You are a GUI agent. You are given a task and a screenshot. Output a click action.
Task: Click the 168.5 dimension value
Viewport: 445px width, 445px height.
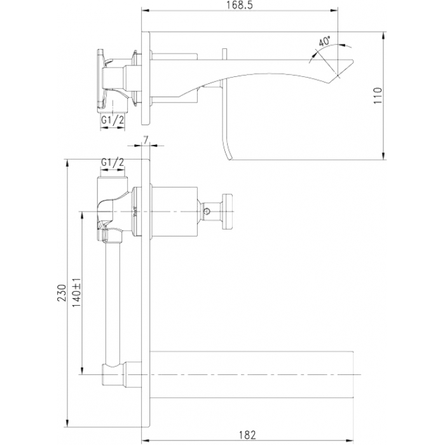click(x=240, y=5)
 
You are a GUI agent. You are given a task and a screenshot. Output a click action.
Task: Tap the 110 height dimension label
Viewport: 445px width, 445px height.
click(x=378, y=95)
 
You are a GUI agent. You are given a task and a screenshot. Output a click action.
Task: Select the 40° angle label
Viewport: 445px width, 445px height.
click(x=324, y=41)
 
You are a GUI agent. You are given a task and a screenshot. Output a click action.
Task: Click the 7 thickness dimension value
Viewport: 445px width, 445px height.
click(x=146, y=140)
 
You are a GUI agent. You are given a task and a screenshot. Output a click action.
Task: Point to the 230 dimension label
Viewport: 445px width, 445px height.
click(x=62, y=293)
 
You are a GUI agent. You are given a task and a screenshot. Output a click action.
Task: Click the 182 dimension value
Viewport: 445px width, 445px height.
click(x=247, y=435)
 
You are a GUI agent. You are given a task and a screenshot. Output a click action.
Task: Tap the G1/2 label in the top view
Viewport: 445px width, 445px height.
click(x=113, y=120)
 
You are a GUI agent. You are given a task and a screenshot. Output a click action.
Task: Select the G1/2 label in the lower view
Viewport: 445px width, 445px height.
click(x=113, y=163)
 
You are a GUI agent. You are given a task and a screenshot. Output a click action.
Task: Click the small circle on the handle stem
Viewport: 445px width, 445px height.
click(x=207, y=211)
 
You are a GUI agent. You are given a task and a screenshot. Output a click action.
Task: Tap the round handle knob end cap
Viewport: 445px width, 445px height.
click(x=228, y=211)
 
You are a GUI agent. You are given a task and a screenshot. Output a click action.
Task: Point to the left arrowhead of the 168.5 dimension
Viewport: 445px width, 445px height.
click(x=145, y=11)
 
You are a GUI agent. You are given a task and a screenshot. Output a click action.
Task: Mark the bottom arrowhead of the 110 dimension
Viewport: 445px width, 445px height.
click(x=383, y=156)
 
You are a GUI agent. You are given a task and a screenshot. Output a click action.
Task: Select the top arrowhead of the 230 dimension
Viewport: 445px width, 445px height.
click(x=67, y=163)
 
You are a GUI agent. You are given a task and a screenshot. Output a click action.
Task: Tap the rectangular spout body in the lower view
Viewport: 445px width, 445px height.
click(x=252, y=374)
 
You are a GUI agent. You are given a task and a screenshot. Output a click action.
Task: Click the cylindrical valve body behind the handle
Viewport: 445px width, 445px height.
click(x=174, y=212)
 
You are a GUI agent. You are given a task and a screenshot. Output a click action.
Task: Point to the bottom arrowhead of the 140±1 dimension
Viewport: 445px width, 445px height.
click(x=82, y=371)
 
